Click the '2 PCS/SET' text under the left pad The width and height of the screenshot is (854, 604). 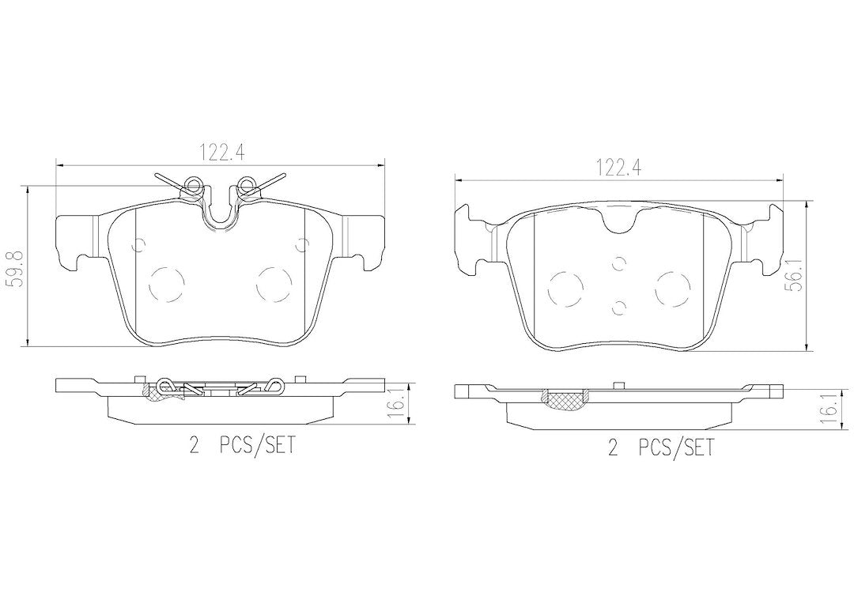click(x=242, y=446)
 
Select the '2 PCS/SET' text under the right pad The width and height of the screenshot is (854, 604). click(x=660, y=448)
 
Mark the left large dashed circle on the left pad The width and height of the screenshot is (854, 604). click(x=166, y=282)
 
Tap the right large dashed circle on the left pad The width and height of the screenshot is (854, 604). click(x=275, y=282)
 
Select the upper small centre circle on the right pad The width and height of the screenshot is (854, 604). click(x=619, y=262)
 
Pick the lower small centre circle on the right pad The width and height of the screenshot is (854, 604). click(x=619, y=307)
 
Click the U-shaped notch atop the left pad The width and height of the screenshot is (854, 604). click(x=221, y=212)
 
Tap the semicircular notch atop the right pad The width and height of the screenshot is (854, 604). click(x=620, y=221)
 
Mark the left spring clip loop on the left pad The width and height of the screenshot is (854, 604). click(x=191, y=187)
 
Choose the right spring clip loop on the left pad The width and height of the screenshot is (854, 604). click(x=248, y=187)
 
